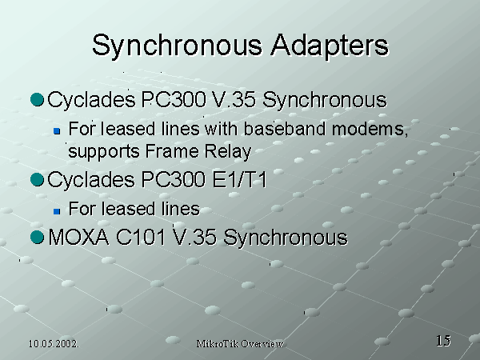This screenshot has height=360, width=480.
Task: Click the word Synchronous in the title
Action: point(178,46)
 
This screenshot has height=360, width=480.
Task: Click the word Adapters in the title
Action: point(330,45)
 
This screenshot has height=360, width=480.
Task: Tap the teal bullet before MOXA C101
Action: point(38,238)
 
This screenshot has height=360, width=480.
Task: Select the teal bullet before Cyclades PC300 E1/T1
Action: point(38,179)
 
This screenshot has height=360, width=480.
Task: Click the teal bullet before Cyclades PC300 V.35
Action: point(38,99)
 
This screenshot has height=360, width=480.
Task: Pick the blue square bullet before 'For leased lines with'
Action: point(57,131)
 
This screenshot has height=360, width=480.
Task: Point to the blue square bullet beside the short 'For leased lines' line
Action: point(57,211)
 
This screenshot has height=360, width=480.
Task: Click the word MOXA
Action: point(78,237)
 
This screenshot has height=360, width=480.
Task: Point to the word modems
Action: point(370,129)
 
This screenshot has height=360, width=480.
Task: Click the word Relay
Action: point(228,152)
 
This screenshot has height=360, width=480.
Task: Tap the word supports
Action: point(103,152)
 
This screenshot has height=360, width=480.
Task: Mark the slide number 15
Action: point(443,341)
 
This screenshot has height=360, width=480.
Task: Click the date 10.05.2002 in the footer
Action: point(54,344)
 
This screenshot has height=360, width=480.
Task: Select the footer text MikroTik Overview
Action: point(240,344)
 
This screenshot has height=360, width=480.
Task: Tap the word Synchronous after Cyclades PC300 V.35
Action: point(325,100)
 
